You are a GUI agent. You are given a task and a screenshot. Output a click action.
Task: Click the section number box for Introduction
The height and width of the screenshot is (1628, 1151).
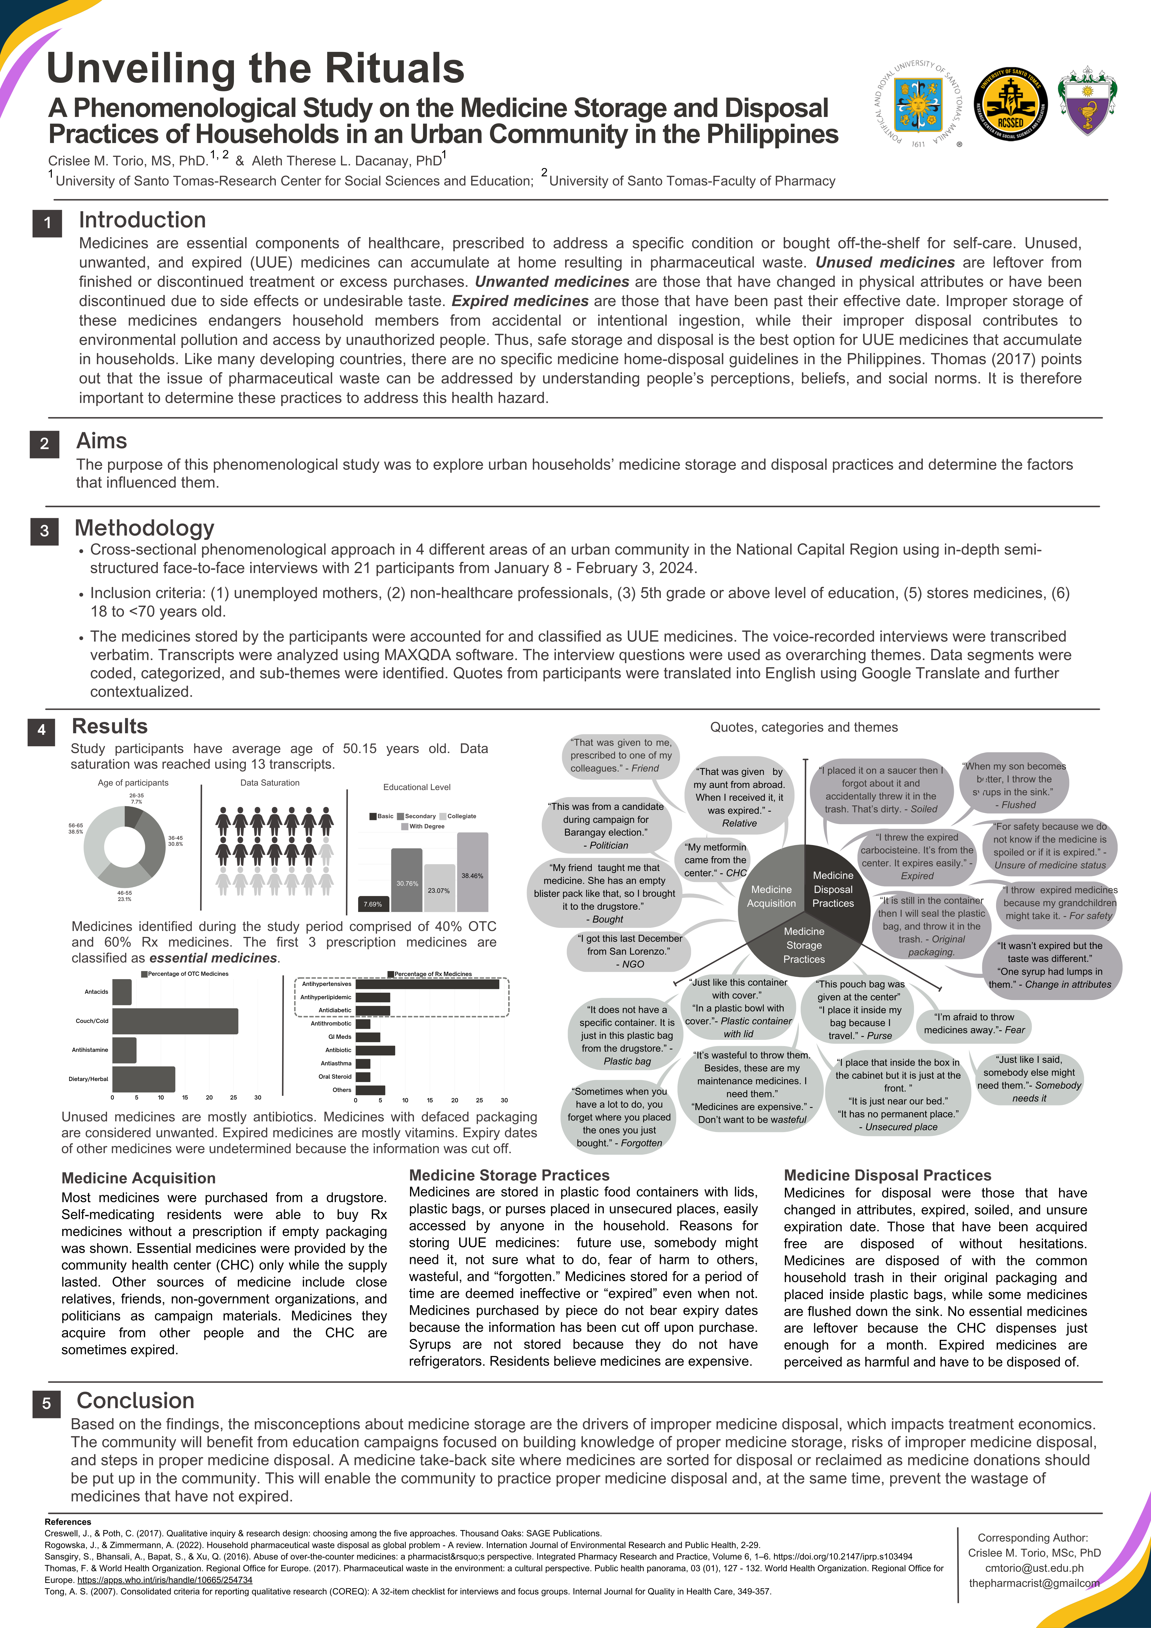pos(47,223)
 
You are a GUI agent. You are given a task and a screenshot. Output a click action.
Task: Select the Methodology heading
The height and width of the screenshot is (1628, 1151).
pos(145,528)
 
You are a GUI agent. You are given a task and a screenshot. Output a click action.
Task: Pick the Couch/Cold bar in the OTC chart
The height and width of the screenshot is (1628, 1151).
pos(175,1021)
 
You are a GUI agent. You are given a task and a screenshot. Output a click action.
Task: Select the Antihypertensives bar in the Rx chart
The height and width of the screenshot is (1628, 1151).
pos(427,984)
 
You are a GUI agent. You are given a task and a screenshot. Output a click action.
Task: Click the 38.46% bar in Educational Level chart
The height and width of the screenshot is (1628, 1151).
pos(472,872)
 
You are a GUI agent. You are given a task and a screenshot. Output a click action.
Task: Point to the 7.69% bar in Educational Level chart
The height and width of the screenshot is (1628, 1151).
pos(373,904)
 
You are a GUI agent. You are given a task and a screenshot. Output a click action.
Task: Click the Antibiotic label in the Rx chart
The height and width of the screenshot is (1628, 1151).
pos(338,1050)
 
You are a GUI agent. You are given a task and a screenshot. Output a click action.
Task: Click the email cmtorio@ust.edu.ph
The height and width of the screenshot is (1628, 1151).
pos(1034,1568)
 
